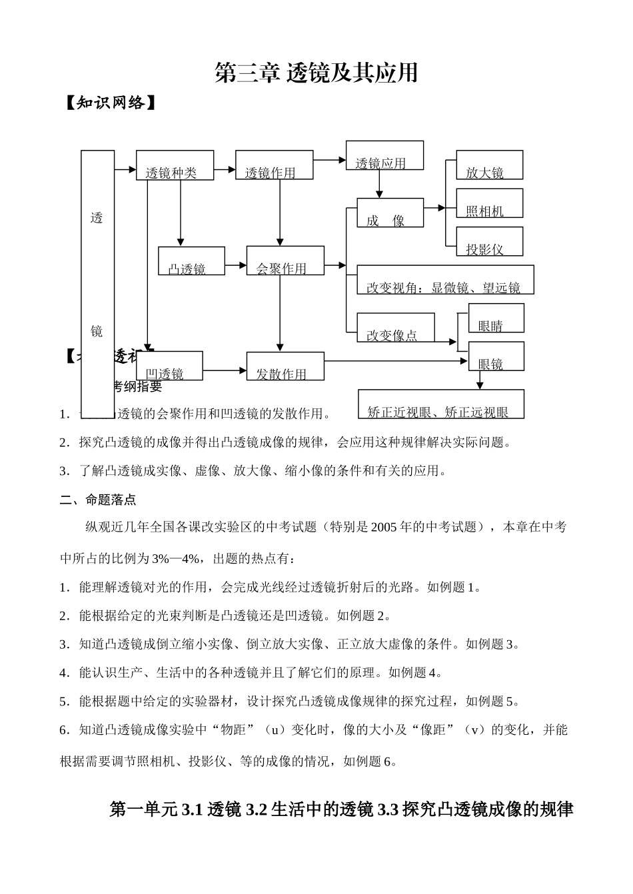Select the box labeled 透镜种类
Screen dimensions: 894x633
(175, 165)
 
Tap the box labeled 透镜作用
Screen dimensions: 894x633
(274, 165)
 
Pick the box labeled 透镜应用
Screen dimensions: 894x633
(384, 156)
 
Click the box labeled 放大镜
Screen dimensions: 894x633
(489, 165)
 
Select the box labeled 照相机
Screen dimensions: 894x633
(489, 203)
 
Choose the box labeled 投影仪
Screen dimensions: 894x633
(489, 242)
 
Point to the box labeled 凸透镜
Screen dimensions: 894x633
(191, 261)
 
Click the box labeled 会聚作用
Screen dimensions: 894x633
(285, 261)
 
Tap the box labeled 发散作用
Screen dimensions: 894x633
(285, 366)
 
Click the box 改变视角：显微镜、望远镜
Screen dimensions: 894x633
(445, 280)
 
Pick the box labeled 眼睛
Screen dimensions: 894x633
(496, 318)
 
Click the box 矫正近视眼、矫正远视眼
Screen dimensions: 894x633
(441, 404)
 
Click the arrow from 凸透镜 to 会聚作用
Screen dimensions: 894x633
(236, 266)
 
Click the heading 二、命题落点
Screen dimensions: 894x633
(98, 500)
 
